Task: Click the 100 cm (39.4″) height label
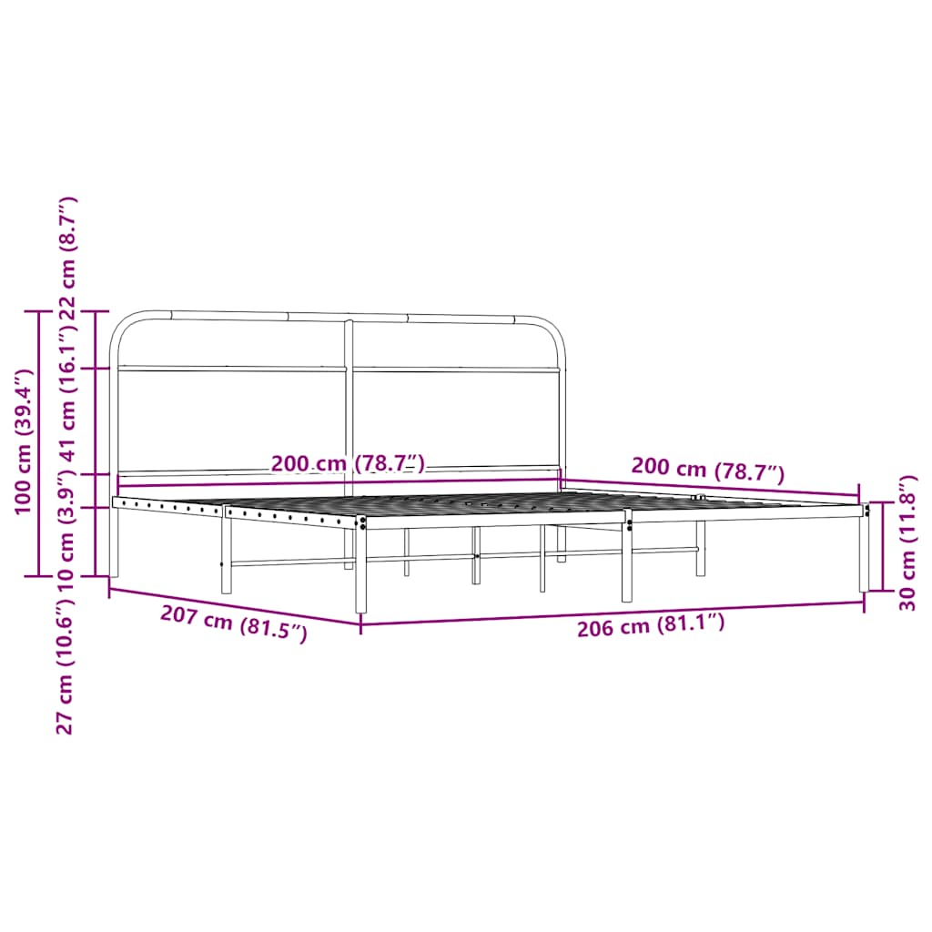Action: pos(23,441)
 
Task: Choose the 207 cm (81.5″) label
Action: pos(233,624)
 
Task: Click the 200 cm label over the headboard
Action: pos(348,463)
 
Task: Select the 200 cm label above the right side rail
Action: pos(707,470)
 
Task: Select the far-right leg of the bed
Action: pos(864,555)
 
